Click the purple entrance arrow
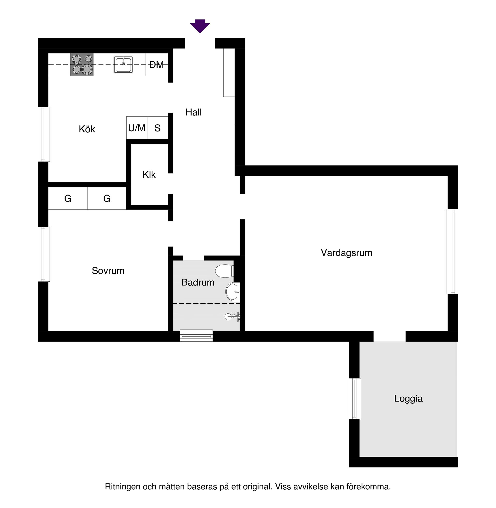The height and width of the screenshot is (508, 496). tap(200, 26)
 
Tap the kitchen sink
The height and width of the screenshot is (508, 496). tap(123, 64)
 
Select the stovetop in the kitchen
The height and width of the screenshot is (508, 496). tap(82, 65)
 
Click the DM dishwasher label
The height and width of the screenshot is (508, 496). tap(156, 65)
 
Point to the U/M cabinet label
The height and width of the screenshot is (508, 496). tap(137, 128)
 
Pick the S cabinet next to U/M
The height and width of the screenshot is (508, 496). tap(157, 128)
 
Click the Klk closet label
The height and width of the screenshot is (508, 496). tap(149, 174)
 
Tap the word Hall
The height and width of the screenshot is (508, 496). tap(193, 112)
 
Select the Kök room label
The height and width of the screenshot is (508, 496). tap(87, 129)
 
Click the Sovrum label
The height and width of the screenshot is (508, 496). tap(108, 271)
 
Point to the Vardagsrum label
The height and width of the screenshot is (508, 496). tap(346, 253)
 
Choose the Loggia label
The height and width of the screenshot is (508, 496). tap(408, 399)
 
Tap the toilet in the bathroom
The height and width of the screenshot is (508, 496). tap(224, 271)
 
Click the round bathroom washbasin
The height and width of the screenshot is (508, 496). tap(233, 291)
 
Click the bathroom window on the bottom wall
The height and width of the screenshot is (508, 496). tap(196, 336)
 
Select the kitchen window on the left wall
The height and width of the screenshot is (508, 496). tap(44, 134)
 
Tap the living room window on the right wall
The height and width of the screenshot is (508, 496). tap(452, 251)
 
